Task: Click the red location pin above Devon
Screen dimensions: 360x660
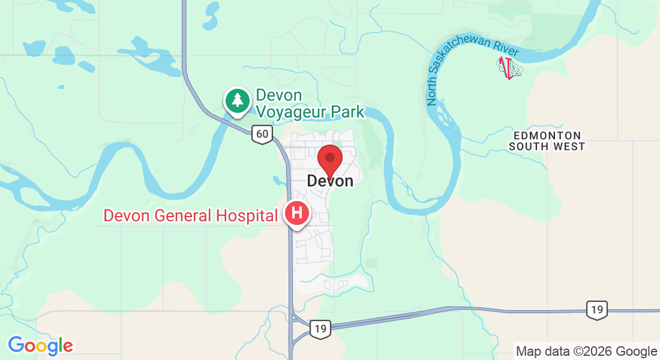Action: [329, 160]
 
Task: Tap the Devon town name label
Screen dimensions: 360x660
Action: [330, 181]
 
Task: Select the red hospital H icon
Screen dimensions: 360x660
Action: [297, 214]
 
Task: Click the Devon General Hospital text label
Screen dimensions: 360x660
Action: [190, 215]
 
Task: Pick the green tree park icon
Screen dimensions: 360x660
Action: [238, 100]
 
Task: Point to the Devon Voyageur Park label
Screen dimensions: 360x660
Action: [310, 103]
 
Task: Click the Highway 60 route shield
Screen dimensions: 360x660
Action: [262, 133]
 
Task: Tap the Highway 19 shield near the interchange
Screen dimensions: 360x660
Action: [320, 328]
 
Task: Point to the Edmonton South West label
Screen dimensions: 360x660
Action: [546, 141]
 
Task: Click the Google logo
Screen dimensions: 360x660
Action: [40, 346]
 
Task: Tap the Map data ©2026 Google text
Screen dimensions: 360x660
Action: [587, 352]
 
